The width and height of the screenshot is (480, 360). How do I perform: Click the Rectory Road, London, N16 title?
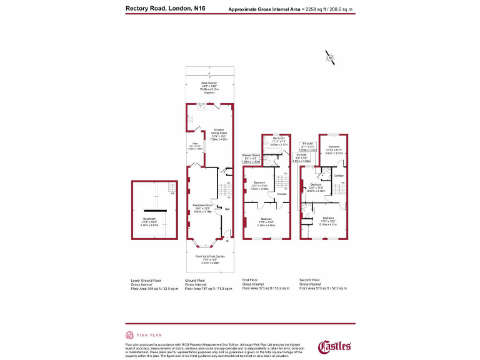pos(165,9)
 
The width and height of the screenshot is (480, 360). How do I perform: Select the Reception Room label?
pos(202,206)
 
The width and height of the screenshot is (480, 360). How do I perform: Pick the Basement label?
pos(149,219)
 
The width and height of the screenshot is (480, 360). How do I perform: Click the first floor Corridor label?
pos(282,194)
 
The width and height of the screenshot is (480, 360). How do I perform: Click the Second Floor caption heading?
pos(314,281)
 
